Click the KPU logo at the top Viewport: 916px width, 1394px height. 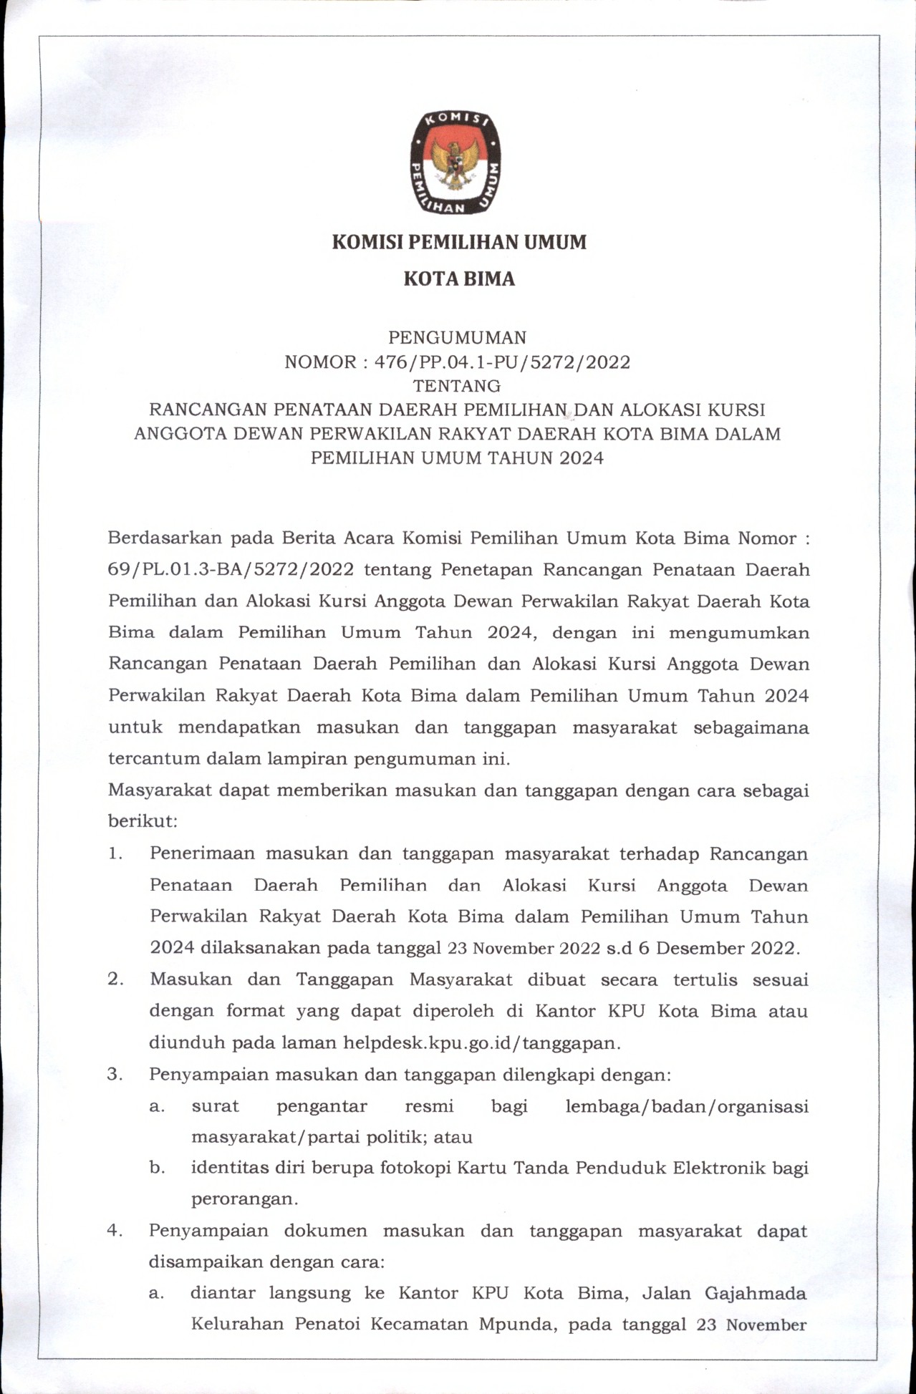click(x=455, y=163)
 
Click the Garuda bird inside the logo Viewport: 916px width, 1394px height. click(x=455, y=164)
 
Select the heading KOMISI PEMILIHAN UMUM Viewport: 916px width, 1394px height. click(x=459, y=242)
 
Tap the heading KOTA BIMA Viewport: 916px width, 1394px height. click(x=459, y=279)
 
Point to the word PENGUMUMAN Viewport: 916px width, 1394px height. click(x=457, y=337)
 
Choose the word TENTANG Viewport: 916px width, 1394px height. click(x=457, y=386)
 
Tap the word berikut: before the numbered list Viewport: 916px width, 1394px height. click(x=143, y=821)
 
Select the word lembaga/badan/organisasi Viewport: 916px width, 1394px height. click(x=686, y=1105)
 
